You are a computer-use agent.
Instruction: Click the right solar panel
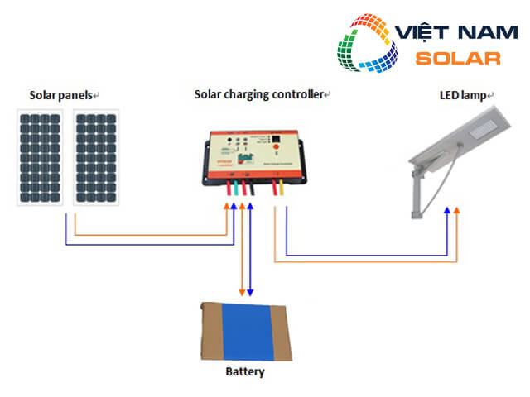tap(96, 157)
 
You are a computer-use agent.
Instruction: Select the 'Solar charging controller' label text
tap(258, 94)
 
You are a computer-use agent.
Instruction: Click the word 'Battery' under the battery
tap(245, 371)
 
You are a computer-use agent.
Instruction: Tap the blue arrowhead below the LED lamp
tap(447, 212)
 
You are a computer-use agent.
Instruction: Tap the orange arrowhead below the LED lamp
tap(456, 212)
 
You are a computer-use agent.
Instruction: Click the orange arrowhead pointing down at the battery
tap(242, 292)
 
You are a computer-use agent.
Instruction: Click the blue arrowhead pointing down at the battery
tap(249, 292)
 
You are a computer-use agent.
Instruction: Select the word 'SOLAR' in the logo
tap(458, 59)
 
